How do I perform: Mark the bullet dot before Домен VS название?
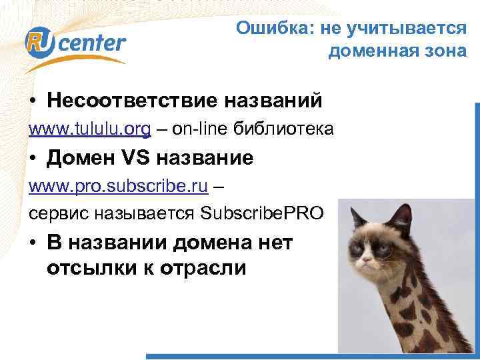[33, 159]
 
